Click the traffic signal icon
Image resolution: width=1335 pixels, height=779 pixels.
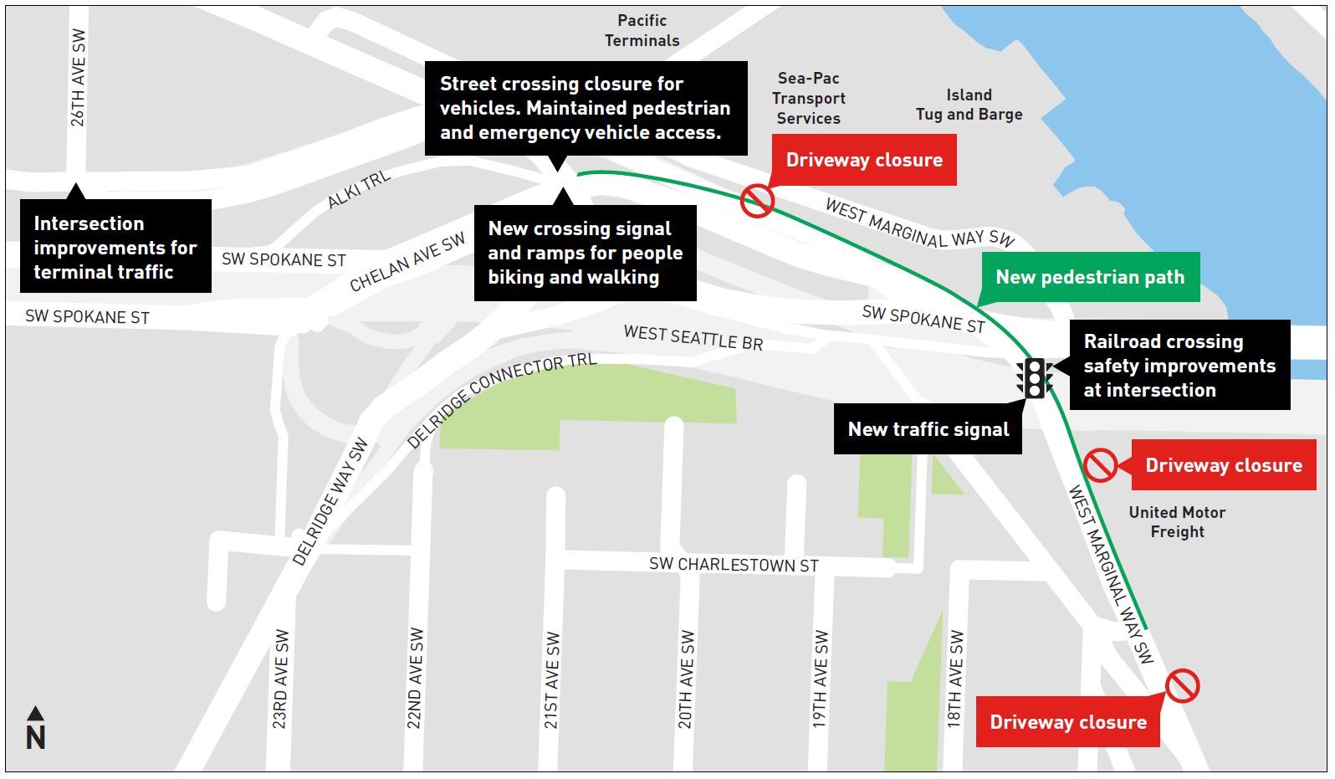click(x=1035, y=378)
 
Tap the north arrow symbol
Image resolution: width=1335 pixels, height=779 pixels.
click(x=35, y=729)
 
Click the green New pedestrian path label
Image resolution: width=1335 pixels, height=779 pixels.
click(x=1089, y=277)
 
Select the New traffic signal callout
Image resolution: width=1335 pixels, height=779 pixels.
click(x=928, y=430)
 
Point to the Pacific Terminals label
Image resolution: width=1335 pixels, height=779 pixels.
click(x=642, y=30)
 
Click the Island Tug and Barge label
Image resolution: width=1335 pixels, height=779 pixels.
click(x=969, y=105)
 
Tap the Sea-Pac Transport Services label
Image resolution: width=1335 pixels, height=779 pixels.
click(x=808, y=98)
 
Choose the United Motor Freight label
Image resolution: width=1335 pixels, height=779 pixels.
click(x=1177, y=522)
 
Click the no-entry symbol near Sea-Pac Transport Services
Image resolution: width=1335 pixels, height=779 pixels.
click(x=757, y=201)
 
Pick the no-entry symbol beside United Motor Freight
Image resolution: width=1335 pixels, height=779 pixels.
click(x=1100, y=465)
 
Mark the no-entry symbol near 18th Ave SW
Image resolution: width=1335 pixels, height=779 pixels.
click(x=1182, y=686)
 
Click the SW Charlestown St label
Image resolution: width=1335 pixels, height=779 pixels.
click(x=734, y=565)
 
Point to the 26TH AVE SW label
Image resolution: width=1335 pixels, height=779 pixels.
click(x=78, y=78)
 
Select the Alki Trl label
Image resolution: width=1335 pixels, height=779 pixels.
click(x=359, y=189)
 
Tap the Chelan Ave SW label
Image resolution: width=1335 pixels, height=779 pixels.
click(x=407, y=263)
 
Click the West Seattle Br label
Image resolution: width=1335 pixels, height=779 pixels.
click(x=693, y=337)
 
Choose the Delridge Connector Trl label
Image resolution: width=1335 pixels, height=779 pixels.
click(x=501, y=399)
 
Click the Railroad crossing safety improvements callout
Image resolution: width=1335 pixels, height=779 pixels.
click(x=1179, y=366)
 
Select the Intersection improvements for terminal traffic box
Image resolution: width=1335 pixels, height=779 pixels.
click(x=115, y=248)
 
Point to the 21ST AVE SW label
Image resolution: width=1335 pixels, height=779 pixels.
click(x=551, y=680)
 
